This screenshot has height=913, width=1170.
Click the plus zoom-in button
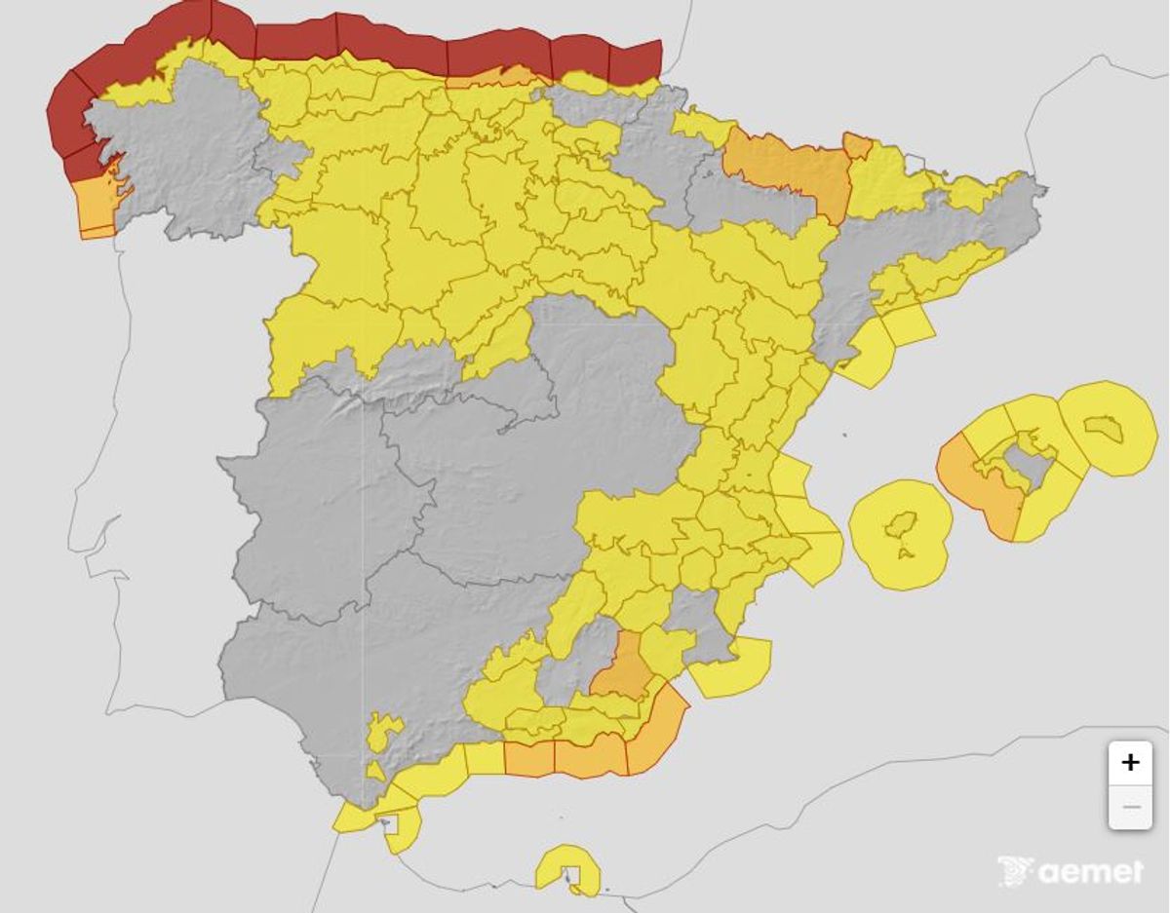(x=1130, y=762)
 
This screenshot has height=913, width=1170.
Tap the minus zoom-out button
(x=1130, y=807)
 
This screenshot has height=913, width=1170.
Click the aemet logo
(x=1070, y=870)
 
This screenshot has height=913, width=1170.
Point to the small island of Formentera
(x=907, y=554)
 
